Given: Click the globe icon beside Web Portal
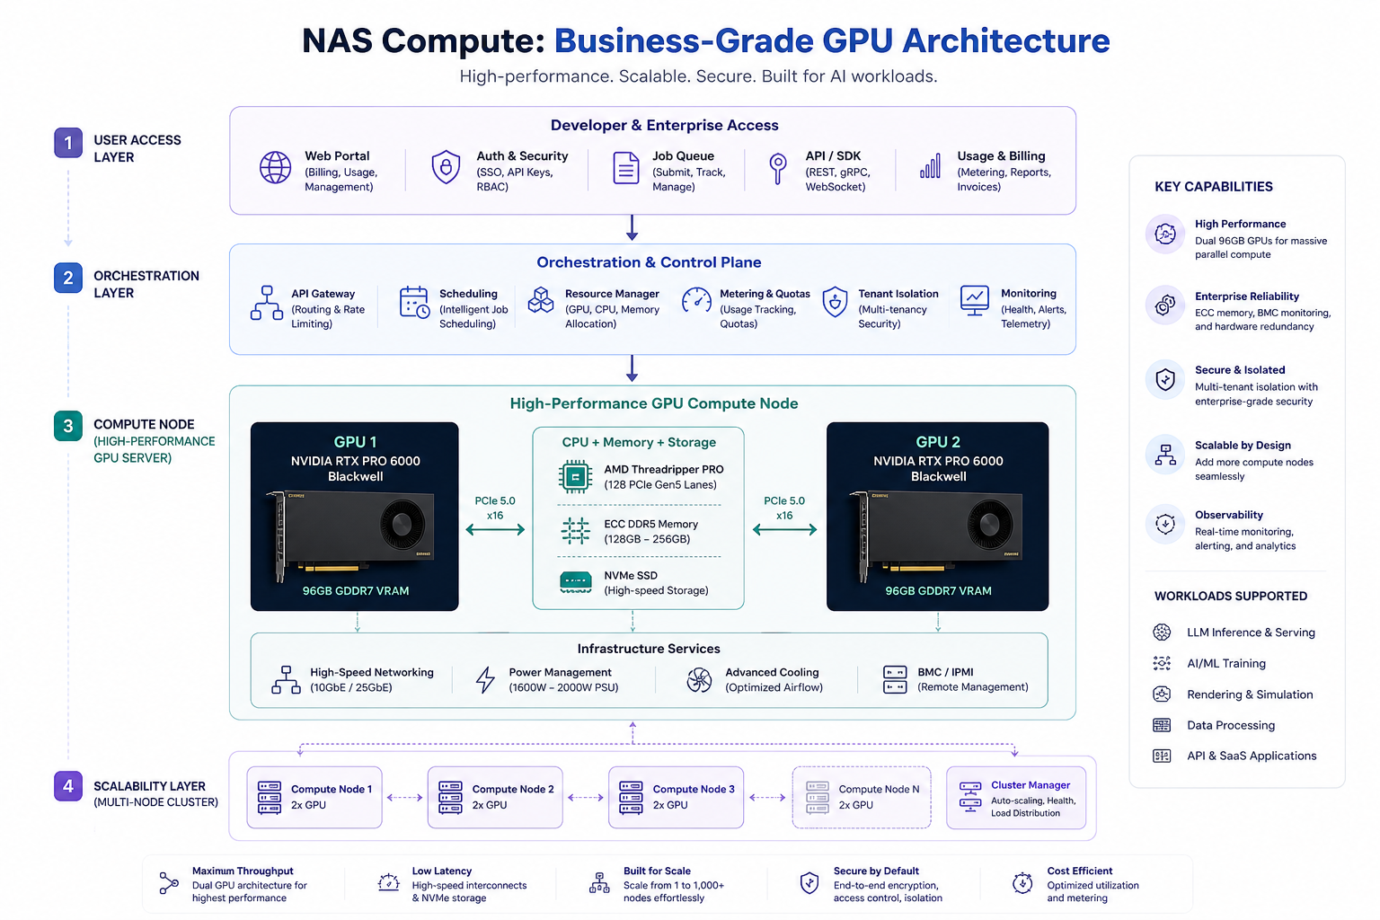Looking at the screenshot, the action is pos(275,167).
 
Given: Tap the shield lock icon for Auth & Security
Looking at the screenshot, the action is pos(446,166).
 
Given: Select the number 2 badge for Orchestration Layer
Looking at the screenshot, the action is pos(67,278).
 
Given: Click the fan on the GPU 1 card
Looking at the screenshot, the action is pos(402,525).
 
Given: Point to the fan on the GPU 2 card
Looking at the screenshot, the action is pos(989,525).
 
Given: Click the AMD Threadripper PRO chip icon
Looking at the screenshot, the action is pos(575,476).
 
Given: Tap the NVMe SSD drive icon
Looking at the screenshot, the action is pos(575,581).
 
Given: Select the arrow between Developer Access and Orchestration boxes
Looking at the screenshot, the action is pos(632,227).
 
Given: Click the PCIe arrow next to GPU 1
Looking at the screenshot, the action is pos(495,529).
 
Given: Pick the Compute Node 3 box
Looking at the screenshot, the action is pos(676,797).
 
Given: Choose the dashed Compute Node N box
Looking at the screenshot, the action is pos(862,797).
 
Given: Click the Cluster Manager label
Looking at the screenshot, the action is pos(1031,785).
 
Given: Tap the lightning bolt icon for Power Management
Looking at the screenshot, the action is pos(485,680).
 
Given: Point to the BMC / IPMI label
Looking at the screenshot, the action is pos(945,672).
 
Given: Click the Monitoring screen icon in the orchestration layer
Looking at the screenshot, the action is pos(975,301).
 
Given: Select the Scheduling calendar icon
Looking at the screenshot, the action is pos(414,302).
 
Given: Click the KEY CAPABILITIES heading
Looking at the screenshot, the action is pos(1213,187).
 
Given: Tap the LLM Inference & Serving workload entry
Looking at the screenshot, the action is pos(1251,632).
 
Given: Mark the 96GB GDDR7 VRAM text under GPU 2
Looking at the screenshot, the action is pos(938,590).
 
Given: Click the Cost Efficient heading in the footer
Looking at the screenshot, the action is pos(1079,871).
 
